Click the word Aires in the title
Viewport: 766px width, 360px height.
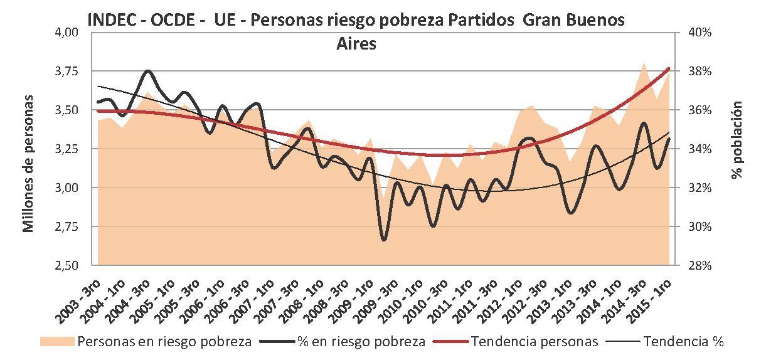coord(356,44)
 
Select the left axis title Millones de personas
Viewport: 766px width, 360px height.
coord(28,164)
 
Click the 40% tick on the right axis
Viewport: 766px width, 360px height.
coord(698,33)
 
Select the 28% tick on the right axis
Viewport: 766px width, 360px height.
coord(698,265)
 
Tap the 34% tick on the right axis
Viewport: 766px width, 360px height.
coord(698,149)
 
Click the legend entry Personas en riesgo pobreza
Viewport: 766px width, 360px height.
coord(163,342)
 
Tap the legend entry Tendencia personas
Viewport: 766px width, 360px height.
coord(533,342)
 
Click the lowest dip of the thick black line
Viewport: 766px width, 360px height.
coord(384,239)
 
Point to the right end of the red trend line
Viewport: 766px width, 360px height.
coord(670,68)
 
